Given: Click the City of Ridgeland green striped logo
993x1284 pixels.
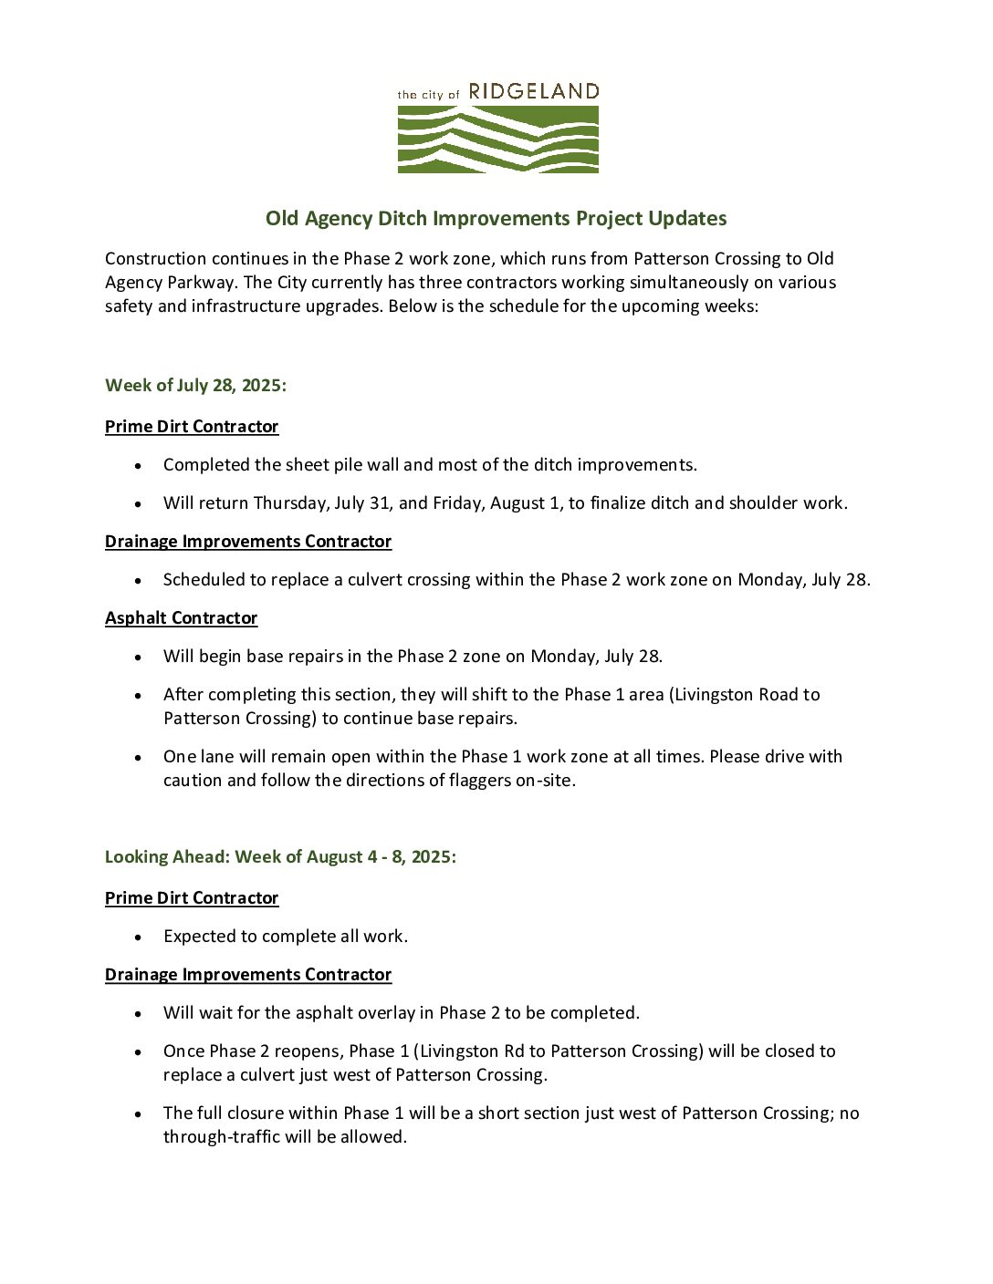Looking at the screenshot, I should [x=497, y=140].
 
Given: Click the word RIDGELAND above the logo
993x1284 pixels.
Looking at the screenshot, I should [x=533, y=91].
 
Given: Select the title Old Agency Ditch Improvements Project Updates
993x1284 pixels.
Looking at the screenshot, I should [x=496, y=219].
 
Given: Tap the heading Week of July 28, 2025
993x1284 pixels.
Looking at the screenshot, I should [x=195, y=385].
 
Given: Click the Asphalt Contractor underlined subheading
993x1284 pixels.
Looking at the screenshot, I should [x=181, y=618].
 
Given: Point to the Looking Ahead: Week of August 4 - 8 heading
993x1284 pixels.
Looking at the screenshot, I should [x=280, y=856].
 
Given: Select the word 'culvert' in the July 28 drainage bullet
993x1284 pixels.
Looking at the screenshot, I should [x=377, y=580].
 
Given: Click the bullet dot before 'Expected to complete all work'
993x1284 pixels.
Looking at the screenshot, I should [x=138, y=937].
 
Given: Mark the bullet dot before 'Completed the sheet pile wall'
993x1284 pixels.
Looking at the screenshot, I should [x=138, y=465].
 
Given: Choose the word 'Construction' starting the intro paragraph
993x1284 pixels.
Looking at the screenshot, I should [x=155, y=259].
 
